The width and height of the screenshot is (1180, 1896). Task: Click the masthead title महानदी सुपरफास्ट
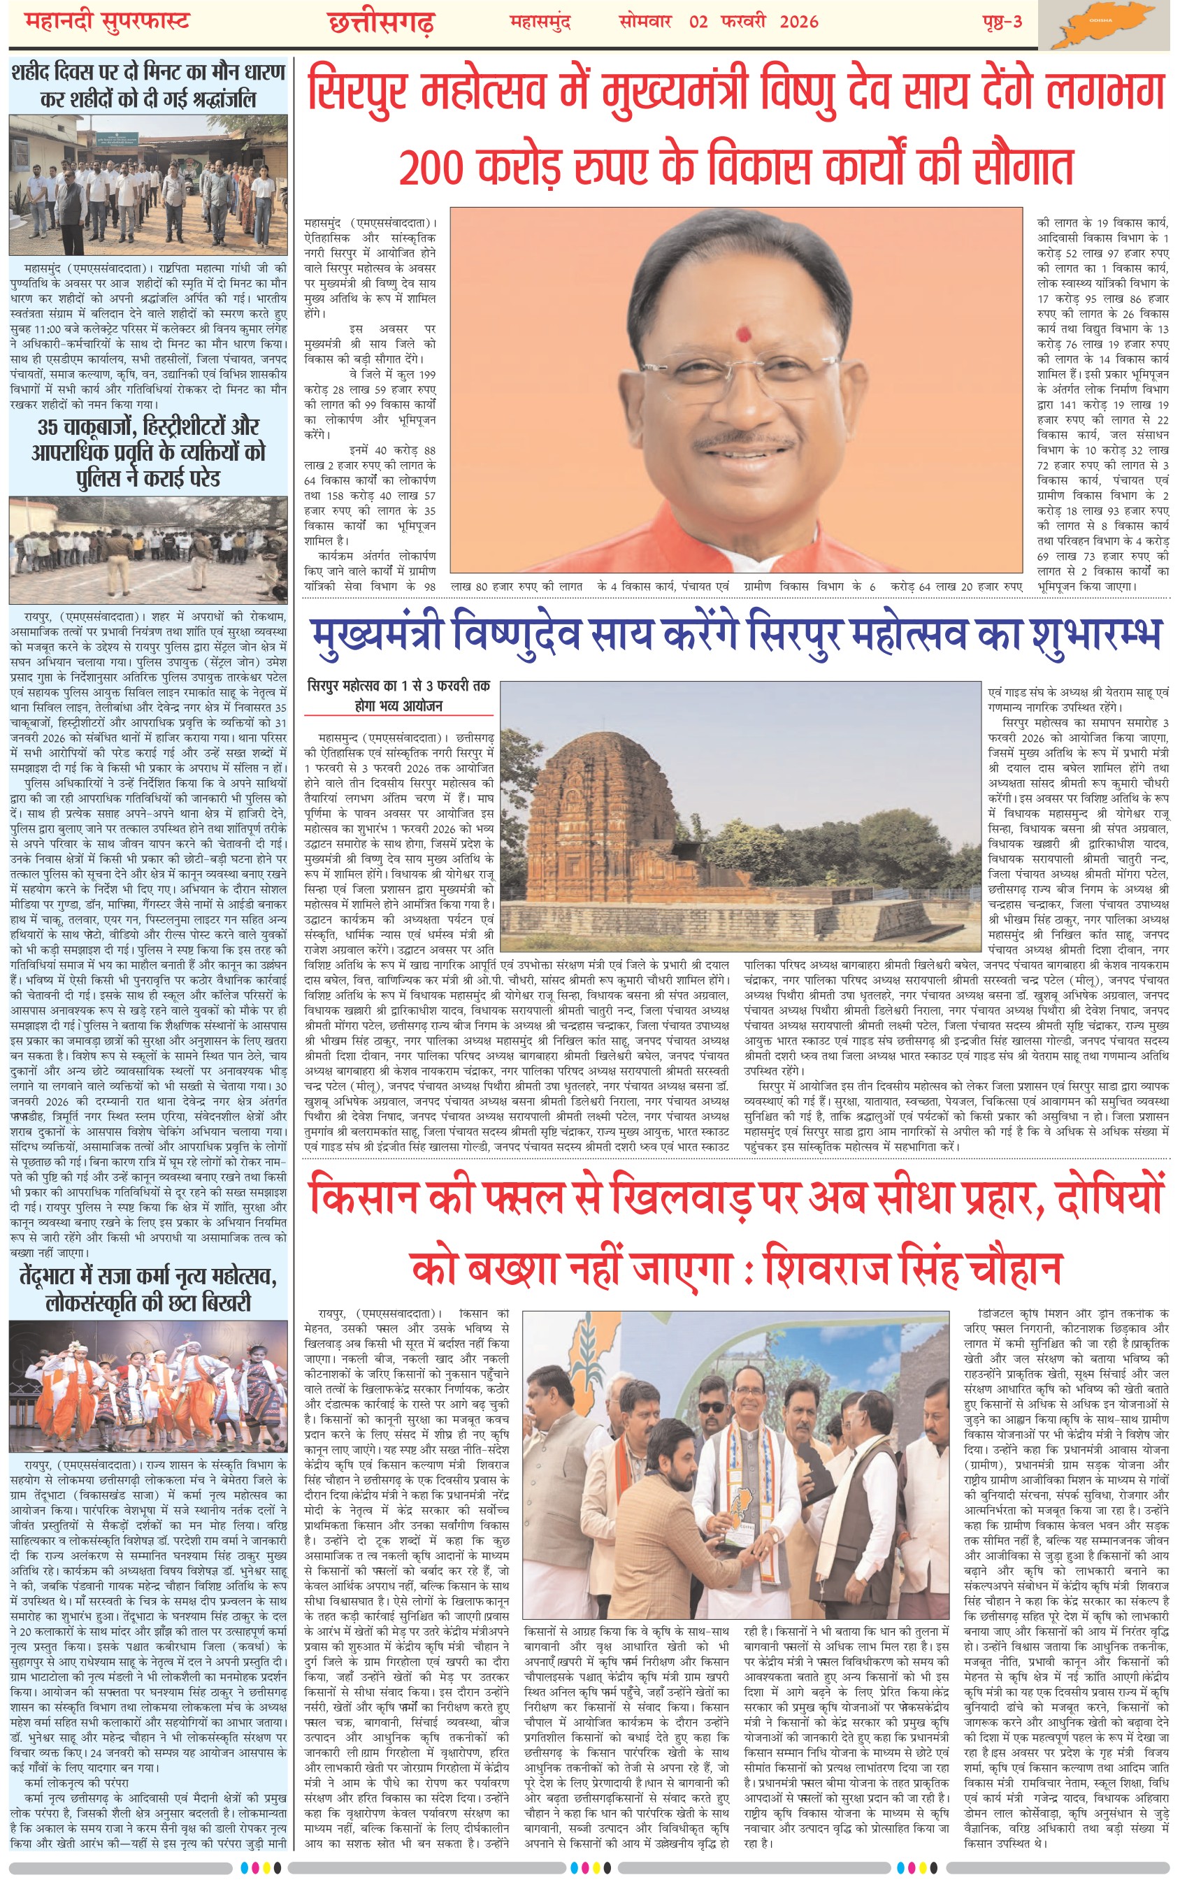pos(108,22)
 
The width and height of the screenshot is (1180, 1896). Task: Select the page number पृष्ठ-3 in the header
pos(1002,22)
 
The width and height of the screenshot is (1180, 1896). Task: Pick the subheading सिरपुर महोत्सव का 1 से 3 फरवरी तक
pos(398,686)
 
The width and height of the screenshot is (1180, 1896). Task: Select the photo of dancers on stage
pos(148,1389)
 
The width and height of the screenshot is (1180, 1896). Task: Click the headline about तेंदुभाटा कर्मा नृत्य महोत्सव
pos(148,1289)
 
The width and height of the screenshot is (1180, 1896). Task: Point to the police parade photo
pos(148,549)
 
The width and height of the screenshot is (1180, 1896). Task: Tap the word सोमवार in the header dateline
pos(645,22)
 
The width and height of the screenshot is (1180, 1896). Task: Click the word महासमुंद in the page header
pos(540,22)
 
